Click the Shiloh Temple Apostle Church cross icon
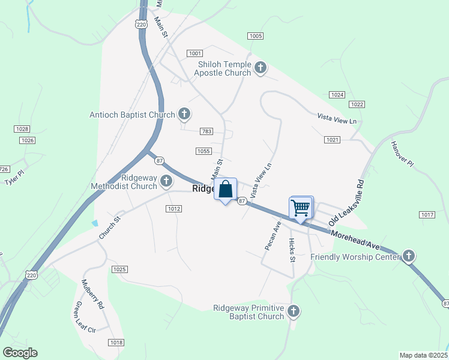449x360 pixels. click(x=261, y=67)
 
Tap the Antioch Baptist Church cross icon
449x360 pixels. click(x=184, y=114)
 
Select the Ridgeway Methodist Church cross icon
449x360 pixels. click(x=167, y=181)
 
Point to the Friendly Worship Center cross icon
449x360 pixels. click(x=408, y=257)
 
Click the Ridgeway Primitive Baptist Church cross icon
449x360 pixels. click(x=294, y=311)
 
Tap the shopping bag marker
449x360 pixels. click(x=226, y=190)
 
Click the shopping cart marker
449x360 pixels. click(x=300, y=208)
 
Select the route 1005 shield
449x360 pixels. click(x=255, y=36)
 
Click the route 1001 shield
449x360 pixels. click(x=194, y=53)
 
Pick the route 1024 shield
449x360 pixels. click(x=337, y=95)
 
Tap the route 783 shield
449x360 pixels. click(x=206, y=131)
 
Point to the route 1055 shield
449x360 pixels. click(x=203, y=151)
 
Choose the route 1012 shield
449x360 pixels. click(x=173, y=208)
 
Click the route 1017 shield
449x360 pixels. click(x=427, y=215)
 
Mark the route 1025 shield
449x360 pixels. click(x=119, y=269)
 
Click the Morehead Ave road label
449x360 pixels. click(x=355, y=238)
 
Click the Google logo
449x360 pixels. click(x=20, y=353)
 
